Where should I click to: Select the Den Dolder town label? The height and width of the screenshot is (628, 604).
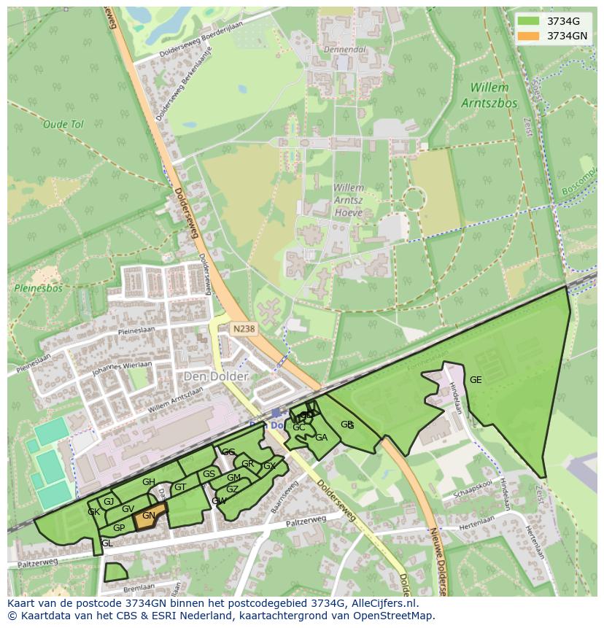click(216, 376)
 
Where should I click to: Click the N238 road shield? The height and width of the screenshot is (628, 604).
click(244, 329)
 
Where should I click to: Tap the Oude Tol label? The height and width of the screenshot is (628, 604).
click(63, 125)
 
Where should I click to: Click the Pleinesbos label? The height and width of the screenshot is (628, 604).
click(39, 288)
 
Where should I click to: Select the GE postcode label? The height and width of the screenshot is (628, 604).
click(476, 380)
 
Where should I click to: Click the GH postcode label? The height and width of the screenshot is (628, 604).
click(149, 482)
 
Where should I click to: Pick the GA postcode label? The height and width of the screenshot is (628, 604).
click(321, 438)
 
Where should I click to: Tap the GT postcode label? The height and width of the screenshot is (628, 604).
click(180, 488)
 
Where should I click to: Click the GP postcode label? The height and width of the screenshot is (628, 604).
click(119, 528)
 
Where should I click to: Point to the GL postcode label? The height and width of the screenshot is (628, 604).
click(107, 544)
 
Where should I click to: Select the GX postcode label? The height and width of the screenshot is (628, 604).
click(269, 466)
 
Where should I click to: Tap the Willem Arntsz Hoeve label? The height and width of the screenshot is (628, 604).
click(349, 200)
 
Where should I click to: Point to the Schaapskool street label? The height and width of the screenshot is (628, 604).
click(474, 492)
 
